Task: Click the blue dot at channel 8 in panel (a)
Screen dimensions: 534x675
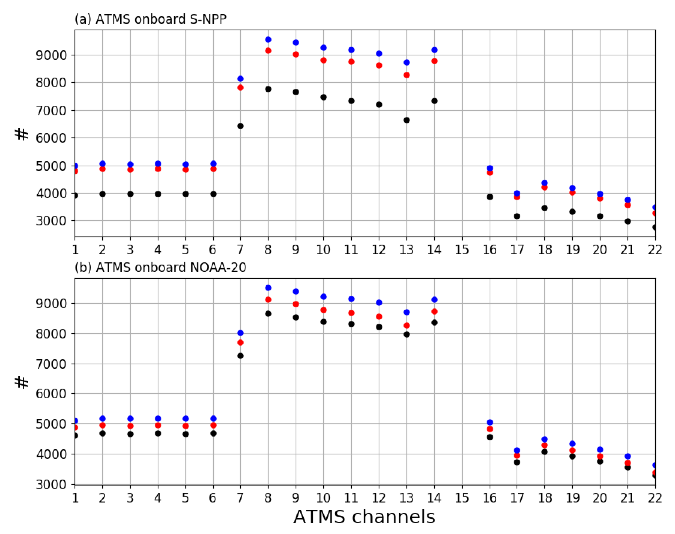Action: [x=268, y=40]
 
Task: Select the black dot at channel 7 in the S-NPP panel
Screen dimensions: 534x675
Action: [x=240, y=126]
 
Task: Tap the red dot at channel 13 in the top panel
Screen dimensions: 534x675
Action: [x=407, y=75]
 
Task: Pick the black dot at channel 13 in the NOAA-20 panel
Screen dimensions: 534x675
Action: [x=407, y=334]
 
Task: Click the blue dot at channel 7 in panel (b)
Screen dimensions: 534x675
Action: [x=240, y=333]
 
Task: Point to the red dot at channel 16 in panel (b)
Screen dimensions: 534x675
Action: [x=490, y=429]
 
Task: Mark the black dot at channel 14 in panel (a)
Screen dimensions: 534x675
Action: [x=434, y=101]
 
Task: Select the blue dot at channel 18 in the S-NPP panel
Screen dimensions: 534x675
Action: [x=545, y=183]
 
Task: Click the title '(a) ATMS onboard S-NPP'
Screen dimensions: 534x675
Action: [x=150, y=19]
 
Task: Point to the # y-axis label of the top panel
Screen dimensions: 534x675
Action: [x=22, y=135]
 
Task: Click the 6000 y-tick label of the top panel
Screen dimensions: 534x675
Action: [x=51, y=138]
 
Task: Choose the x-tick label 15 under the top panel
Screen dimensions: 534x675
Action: [x=462, y=250]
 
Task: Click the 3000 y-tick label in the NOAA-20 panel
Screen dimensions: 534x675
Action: [x=51, y=485]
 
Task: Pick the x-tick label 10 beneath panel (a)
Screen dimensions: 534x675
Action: [x=323, y=250]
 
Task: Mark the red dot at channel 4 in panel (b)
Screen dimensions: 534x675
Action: [x=158, y=425]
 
